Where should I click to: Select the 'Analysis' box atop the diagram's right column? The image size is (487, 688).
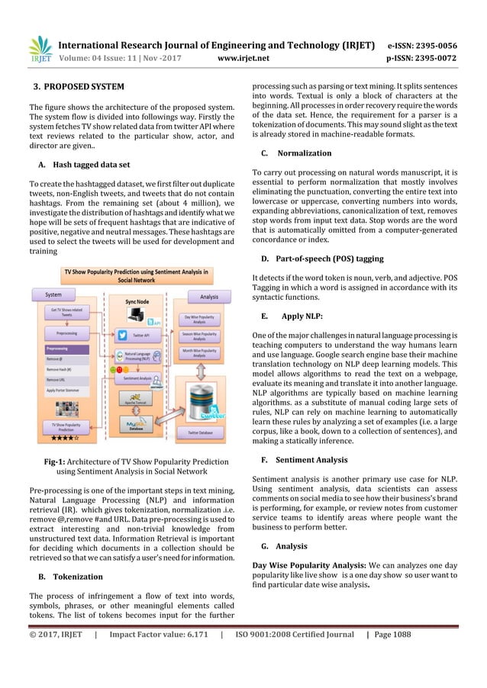tap(208, 297)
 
